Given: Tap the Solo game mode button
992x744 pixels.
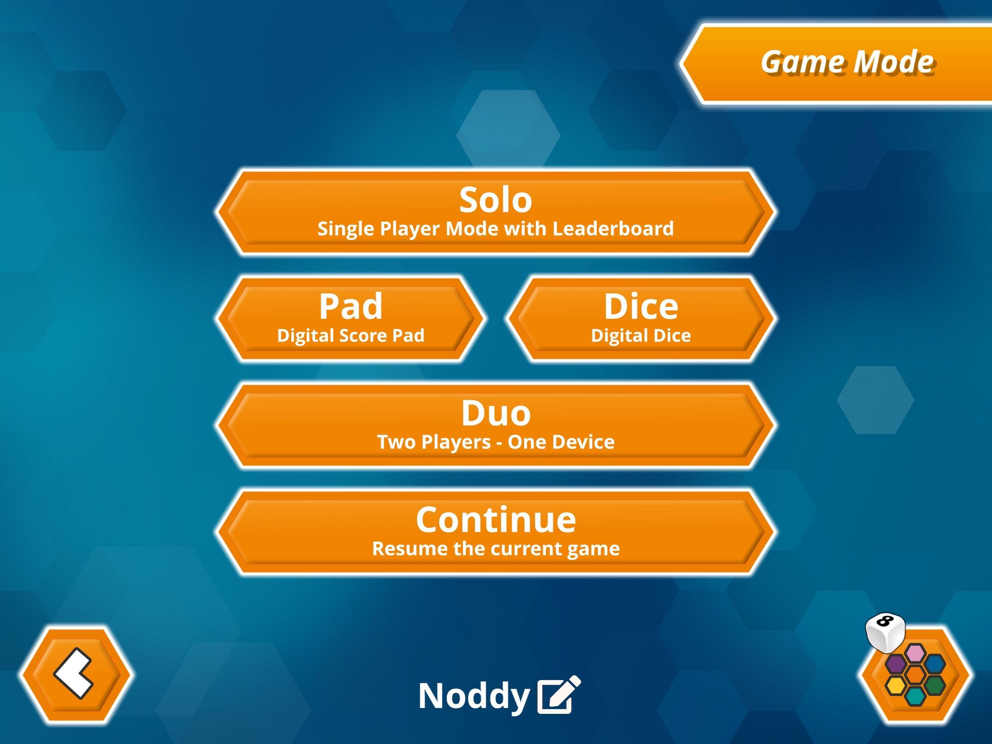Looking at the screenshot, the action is pyautogui.click(x=496, y=212).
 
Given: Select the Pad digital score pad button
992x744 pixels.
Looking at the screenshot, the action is pyautogui.click(x=350, y=319).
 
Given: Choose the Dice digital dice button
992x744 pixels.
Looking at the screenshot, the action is pyautogui.click(x=641, y=319).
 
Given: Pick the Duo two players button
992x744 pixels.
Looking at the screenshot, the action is pyautogui.click(x=496, y=425).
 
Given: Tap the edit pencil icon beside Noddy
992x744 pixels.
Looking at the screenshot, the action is pyautogui.click(x=559, y=694).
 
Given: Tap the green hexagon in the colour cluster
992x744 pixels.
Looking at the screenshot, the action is pyautogui.click(x=934, y=685).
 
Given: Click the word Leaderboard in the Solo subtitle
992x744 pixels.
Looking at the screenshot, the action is pyautogui.click(x=613, y=229).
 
